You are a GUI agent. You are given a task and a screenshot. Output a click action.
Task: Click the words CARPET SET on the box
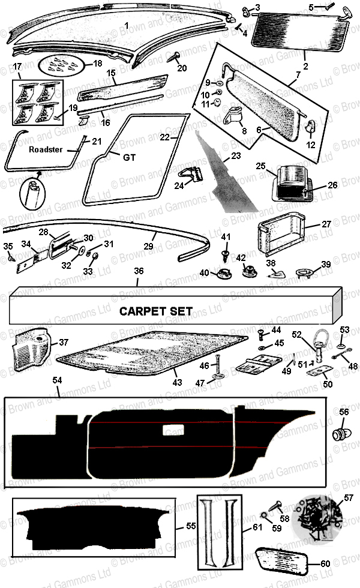[x=155, y=311]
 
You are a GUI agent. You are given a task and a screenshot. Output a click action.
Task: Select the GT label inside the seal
[x=128, y=158]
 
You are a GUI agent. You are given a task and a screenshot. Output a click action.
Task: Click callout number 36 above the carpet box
[x=138, y=271]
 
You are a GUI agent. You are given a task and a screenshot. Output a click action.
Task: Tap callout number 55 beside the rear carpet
[x=191, y=526]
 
